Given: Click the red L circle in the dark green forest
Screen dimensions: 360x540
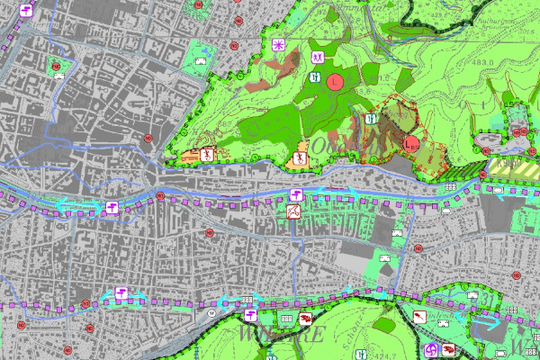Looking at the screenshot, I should (x=335, y=82).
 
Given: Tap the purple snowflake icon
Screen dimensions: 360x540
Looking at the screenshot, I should (x=279, y=44).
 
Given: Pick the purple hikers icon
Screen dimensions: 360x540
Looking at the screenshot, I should (x=315, y=77).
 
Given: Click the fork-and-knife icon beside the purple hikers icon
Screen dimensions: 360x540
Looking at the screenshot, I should (x=315, y=56).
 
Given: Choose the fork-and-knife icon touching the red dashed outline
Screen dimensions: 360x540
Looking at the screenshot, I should (x=372, y=119).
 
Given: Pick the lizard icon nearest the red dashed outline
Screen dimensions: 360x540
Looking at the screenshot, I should (x=301, y=159).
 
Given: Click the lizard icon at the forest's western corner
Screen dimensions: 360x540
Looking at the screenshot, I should (x=206, y=155).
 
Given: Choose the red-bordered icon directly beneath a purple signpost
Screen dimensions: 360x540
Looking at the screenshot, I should (x=294, y=211).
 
